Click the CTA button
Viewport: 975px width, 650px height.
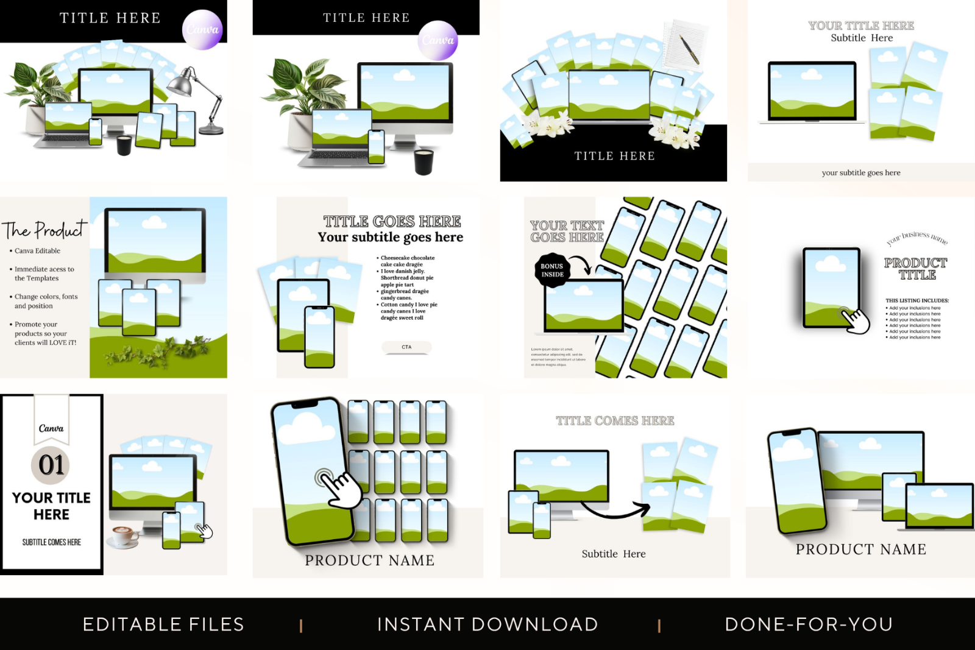pos(406,347)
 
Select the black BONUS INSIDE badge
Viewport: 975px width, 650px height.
pos(552,270)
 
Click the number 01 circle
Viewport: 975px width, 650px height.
pos(51,465)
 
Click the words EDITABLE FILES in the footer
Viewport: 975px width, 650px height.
pos(163,624)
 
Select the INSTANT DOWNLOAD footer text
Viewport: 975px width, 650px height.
pos(487,624)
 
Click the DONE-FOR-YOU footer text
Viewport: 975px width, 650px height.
pos(809,624)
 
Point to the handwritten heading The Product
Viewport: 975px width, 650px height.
pos(44,230)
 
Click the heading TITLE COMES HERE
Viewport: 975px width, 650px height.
pos(615,421)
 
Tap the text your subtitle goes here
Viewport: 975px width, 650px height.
pos(860,173)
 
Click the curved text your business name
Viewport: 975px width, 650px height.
pos(917,238)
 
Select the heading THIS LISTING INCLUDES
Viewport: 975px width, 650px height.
pos(916,300)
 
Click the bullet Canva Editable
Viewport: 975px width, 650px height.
pos(37,251)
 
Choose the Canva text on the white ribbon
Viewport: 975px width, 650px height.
pos(51,428)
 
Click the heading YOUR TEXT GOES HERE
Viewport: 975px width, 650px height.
pos(567,231)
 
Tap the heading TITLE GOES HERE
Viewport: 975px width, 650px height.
pos(392,221)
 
